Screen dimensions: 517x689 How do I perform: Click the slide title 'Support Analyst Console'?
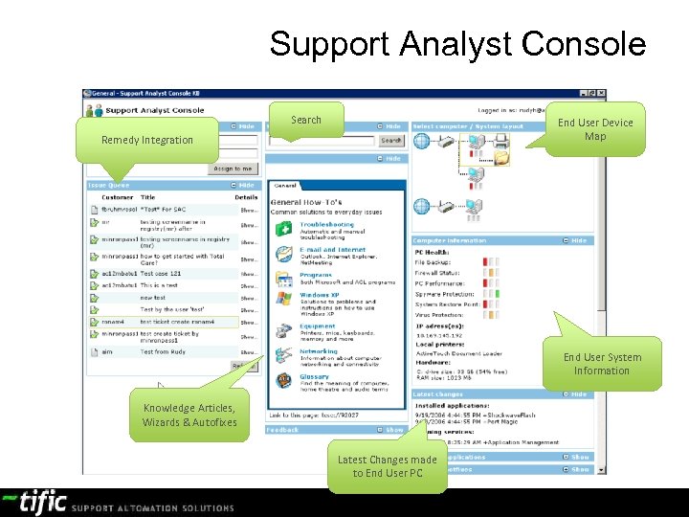coord(457,44)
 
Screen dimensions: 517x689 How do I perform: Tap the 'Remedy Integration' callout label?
coord(146,140)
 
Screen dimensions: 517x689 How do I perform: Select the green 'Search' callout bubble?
coord(305,120)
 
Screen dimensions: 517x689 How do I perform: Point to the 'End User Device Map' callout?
coord(595,129)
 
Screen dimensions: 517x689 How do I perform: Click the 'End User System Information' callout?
coord(602,364)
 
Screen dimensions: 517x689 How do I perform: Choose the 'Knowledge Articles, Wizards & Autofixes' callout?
coord(189,415)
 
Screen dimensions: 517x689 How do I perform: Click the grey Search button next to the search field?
coord(390,141)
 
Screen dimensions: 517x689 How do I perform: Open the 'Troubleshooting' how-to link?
coord(326,224)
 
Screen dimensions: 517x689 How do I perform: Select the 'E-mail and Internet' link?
coord(331,249)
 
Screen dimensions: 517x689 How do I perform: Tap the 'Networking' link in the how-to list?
coord(319,351)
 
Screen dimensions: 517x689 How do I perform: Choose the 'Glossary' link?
coord(314,377)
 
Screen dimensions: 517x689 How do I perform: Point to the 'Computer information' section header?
coord(450,240)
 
